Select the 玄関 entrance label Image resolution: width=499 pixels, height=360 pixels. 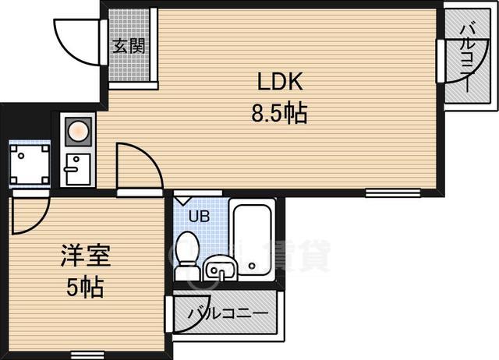(x=129, y=45)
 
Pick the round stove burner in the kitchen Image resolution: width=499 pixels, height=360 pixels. (x=77, y=132)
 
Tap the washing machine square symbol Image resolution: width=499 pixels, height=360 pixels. (x=28, y=165)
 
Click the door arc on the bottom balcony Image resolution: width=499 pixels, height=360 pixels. (x=191, y=312)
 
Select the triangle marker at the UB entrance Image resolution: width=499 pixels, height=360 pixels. (x=182, y=199)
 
